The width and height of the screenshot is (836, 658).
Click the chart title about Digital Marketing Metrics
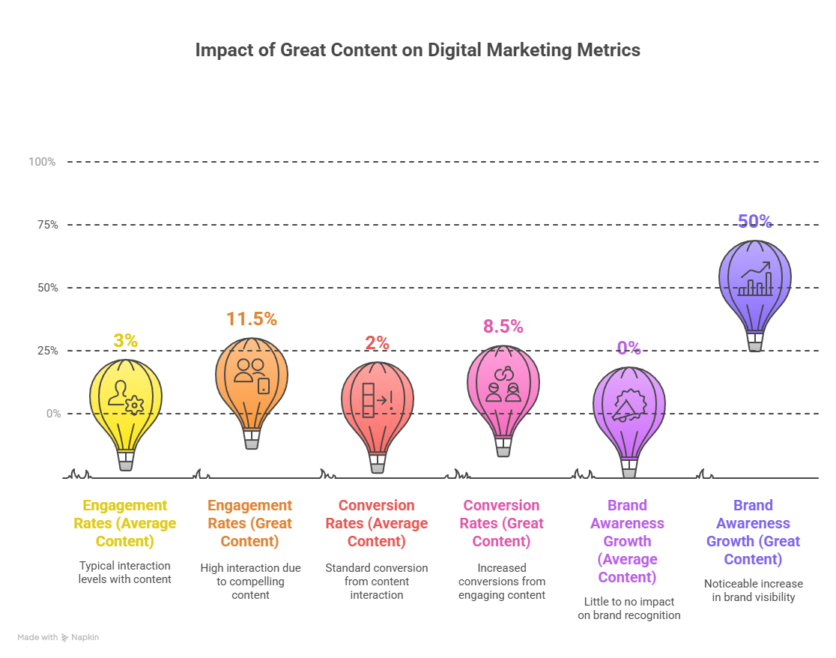pos(417,50)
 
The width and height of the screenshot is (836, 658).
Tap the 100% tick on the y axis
pos(42,162)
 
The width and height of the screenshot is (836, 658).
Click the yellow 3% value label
pos(125,341)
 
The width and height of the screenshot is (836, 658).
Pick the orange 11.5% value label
pos(252,319)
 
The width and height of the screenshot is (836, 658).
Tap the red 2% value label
pos(378,343)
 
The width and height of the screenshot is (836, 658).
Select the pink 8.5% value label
pos(503,327)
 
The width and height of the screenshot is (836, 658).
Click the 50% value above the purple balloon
pos(754,221)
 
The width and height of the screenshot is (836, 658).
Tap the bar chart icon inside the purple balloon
pos(755,280)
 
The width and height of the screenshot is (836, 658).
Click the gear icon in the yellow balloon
pos(135,405)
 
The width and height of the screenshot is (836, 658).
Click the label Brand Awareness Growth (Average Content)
pos(628,541)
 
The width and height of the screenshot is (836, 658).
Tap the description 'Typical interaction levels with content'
pos(125,573)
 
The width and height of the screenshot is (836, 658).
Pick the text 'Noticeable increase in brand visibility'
pos(754,591)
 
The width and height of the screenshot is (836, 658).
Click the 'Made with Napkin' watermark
pos(58,637)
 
